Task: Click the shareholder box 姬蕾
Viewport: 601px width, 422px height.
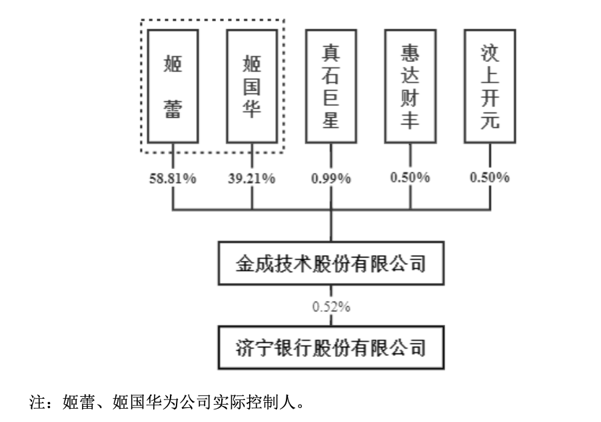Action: coord(173,87)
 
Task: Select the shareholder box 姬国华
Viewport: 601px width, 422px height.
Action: coord(252,87)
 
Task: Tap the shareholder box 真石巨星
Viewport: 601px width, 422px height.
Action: coord(331,87)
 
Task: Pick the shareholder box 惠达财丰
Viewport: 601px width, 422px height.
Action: coord(410,87)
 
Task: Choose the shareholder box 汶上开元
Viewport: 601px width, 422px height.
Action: coord(490,87)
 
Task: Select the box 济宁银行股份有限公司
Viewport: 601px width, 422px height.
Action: coord(331,347)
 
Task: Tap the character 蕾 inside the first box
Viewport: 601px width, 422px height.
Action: coord(173,109)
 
